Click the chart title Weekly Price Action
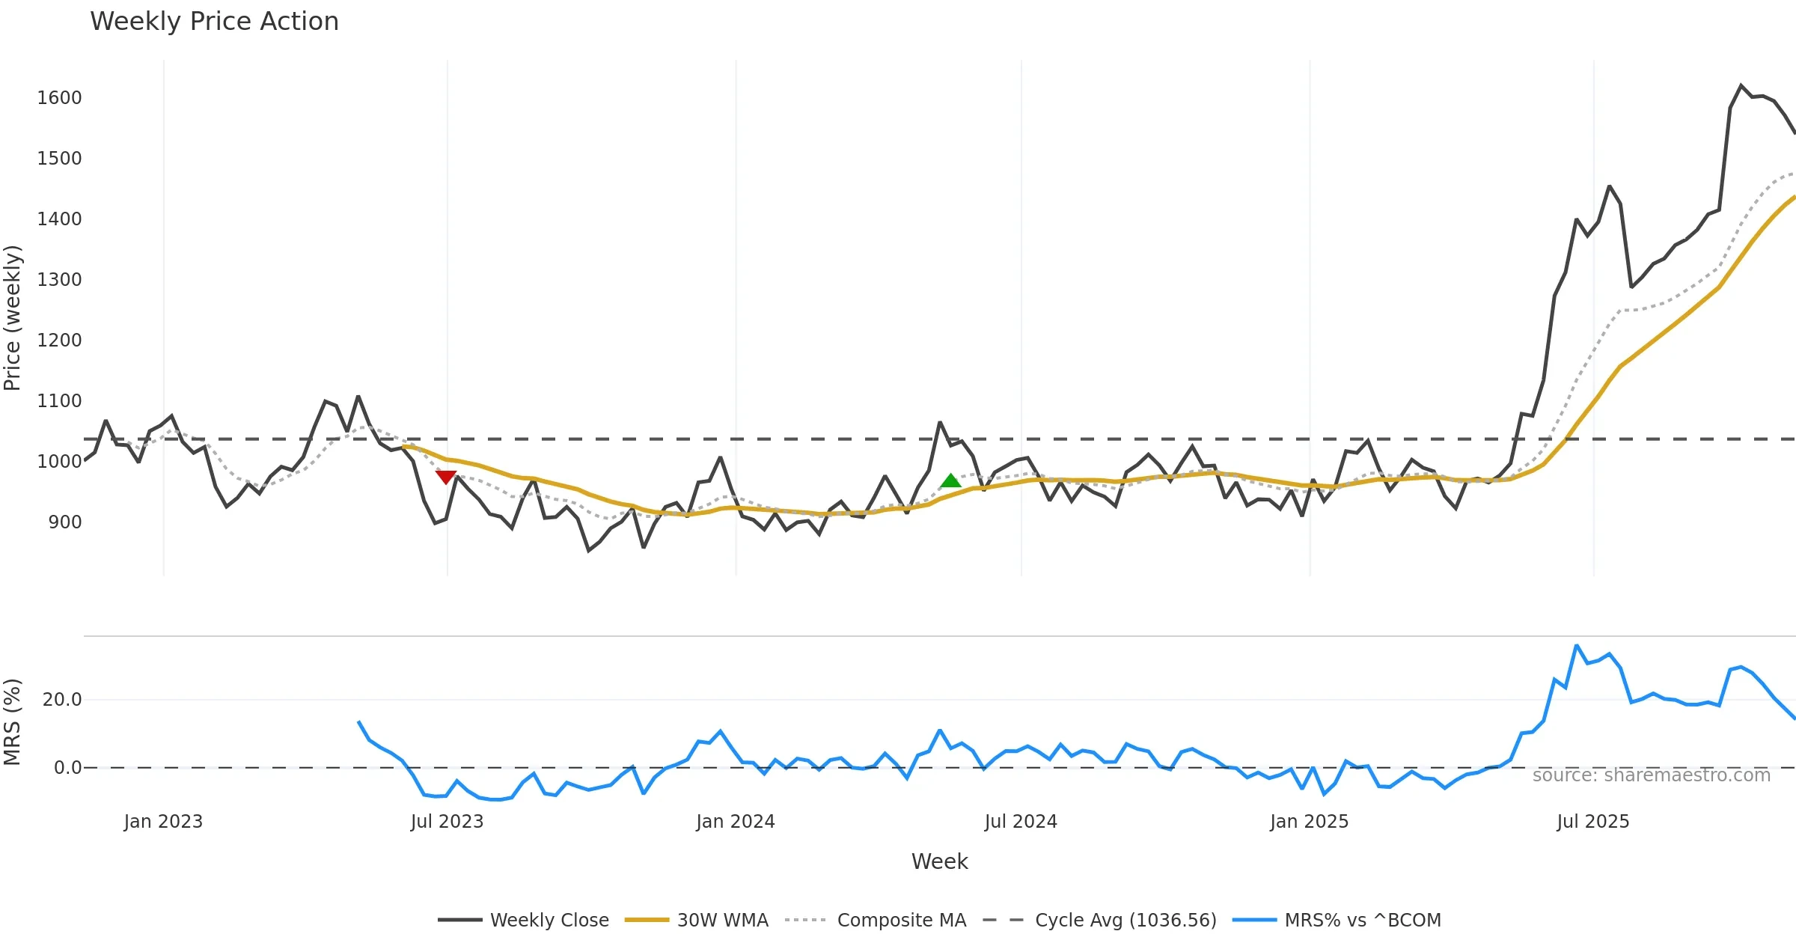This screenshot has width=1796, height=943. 214,22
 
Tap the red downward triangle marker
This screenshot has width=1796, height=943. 446,477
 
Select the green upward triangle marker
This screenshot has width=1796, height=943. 950,480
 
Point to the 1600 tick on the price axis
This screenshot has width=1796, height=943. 59,98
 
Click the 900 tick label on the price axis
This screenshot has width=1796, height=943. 65,522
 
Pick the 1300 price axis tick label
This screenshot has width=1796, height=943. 59,280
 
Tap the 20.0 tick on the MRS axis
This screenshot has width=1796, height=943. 62,700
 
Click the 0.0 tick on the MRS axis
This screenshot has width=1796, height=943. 67,768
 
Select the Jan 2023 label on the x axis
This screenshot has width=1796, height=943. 163,822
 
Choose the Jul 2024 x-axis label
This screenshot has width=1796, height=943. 1021,822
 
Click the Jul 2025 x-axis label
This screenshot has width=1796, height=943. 1592,822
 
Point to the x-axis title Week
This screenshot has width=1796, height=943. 939,862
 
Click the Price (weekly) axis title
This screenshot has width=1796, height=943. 12,318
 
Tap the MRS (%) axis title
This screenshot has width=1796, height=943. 12,722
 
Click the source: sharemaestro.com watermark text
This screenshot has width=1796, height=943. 1651,775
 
